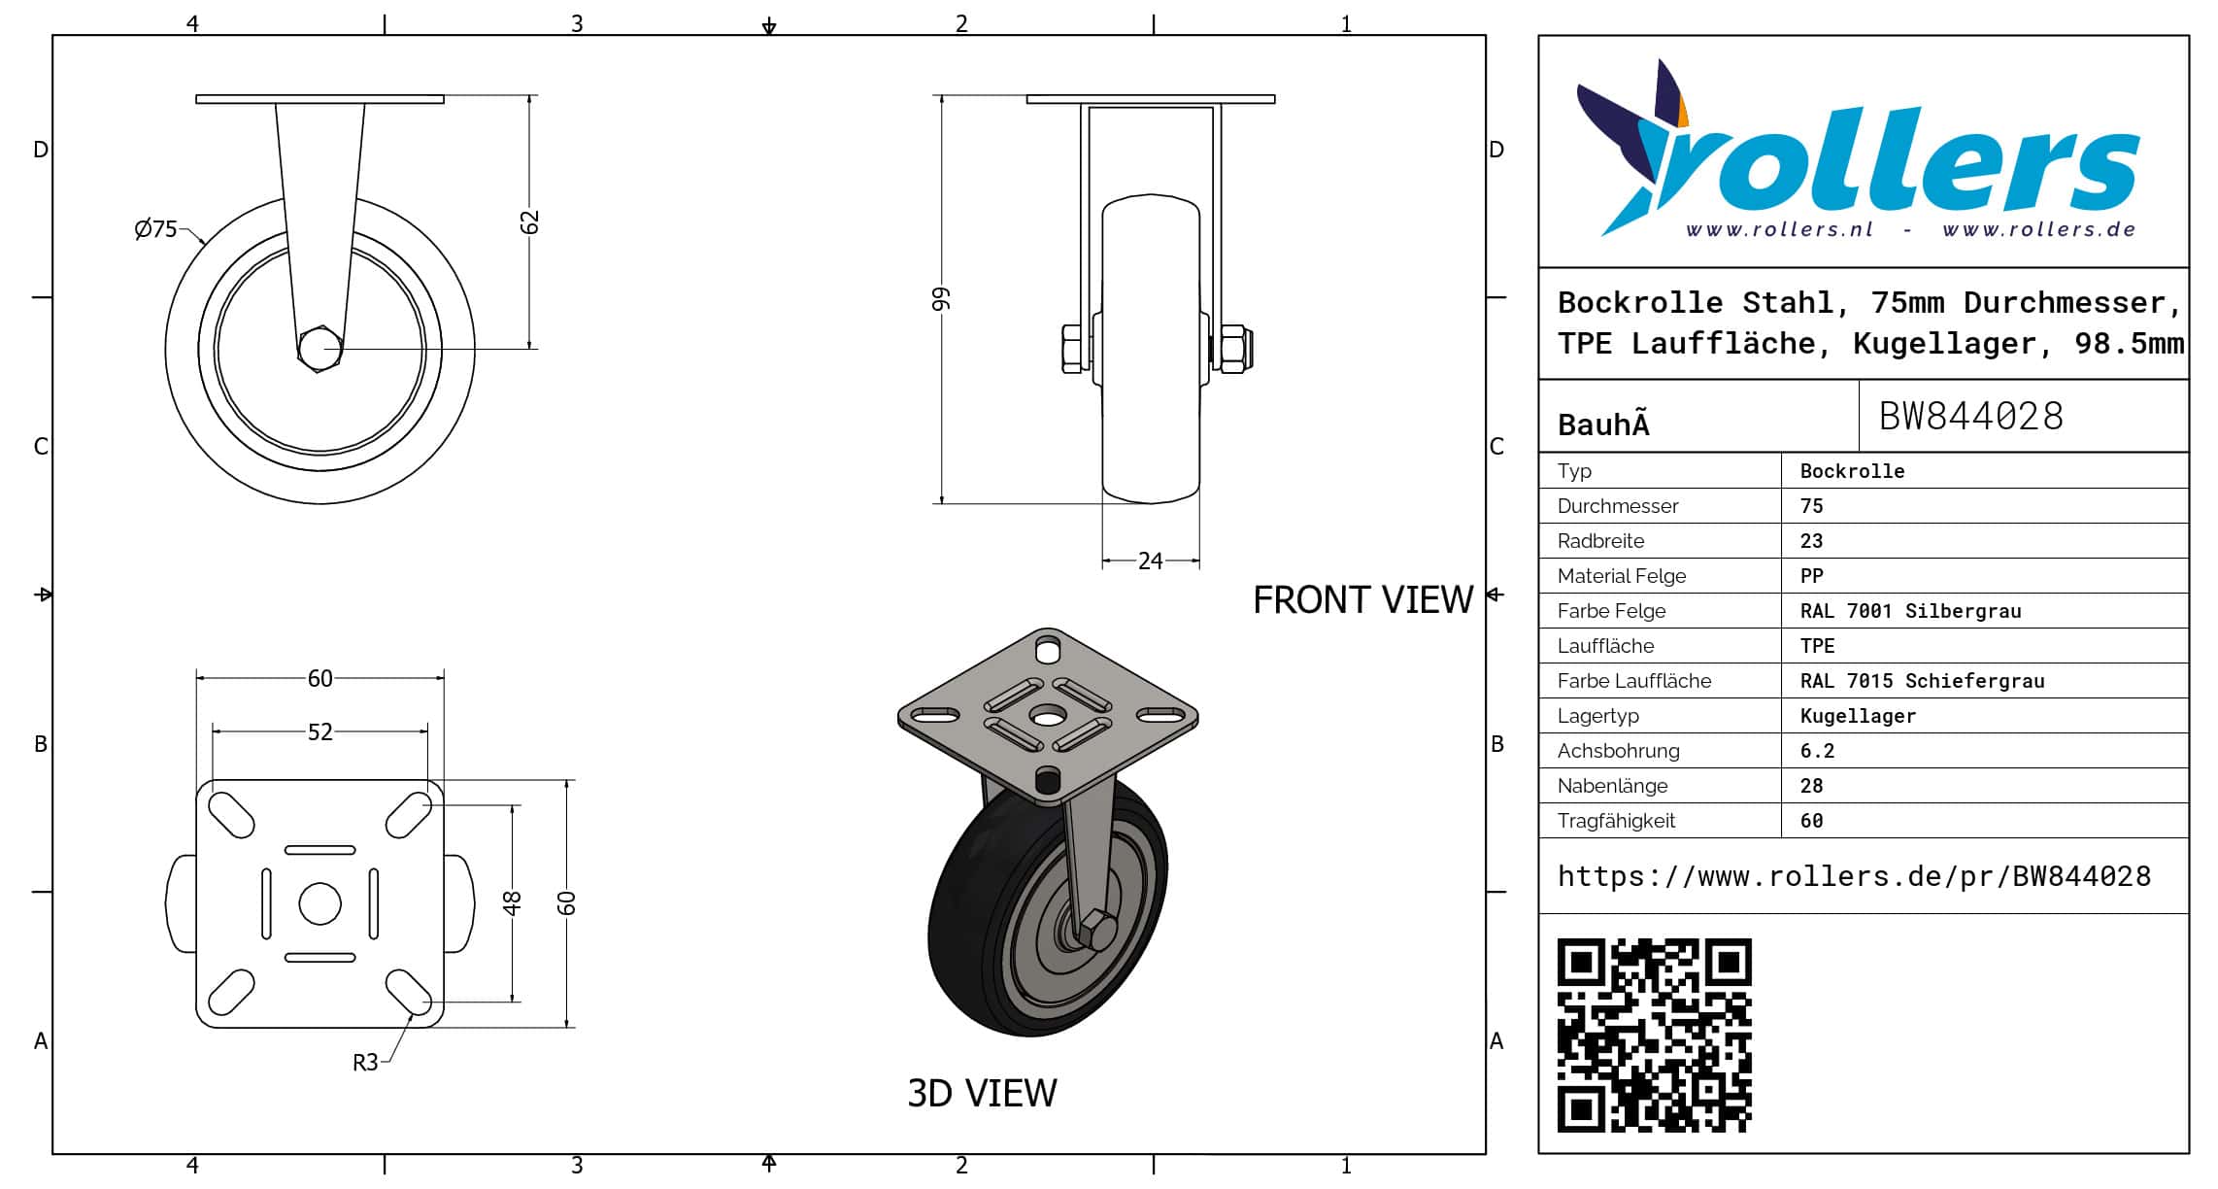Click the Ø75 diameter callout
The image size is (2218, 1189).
coord(156,229)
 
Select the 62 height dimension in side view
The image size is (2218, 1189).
coord(529,222)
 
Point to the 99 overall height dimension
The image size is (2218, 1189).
coord(941,299)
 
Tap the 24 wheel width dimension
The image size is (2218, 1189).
coord(1151,561)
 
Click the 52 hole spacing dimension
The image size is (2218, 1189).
coord(320,731)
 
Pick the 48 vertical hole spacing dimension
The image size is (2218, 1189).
coord(512,903)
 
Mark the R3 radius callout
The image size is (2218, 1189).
coord(365,1063)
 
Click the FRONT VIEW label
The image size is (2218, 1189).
coord(1363,600)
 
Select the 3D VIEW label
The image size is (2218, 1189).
coord(982,1093)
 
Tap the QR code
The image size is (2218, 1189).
coord(1655,1036)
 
